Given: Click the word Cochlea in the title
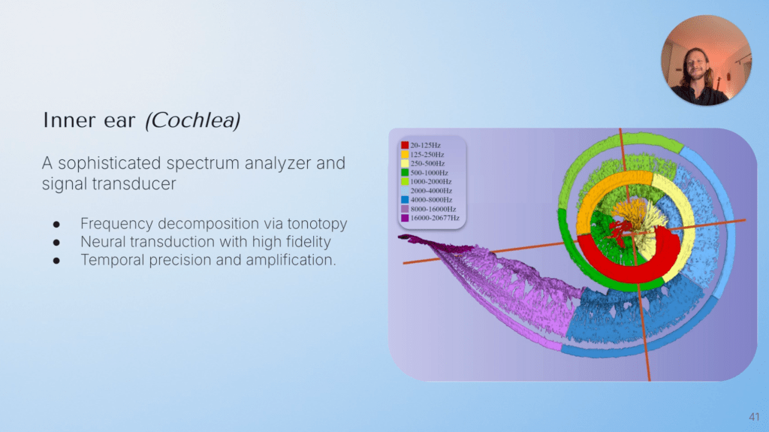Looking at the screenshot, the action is (193, 120).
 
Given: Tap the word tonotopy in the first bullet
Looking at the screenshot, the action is (318, 224).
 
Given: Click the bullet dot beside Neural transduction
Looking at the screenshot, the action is (56, 243).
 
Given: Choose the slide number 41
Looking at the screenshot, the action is (754, 417).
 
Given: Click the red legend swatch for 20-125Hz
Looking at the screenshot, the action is (405, 145).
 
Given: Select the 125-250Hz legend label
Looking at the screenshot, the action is (427, 154).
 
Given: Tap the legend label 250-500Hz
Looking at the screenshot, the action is (427, 164).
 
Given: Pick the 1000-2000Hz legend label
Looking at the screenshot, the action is (430, 182).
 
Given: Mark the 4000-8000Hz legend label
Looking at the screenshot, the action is (431, 200).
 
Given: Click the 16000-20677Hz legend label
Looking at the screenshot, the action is (435, 218).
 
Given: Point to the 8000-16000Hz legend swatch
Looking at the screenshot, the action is (405, 209).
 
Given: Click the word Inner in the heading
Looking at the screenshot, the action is (64, 120).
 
